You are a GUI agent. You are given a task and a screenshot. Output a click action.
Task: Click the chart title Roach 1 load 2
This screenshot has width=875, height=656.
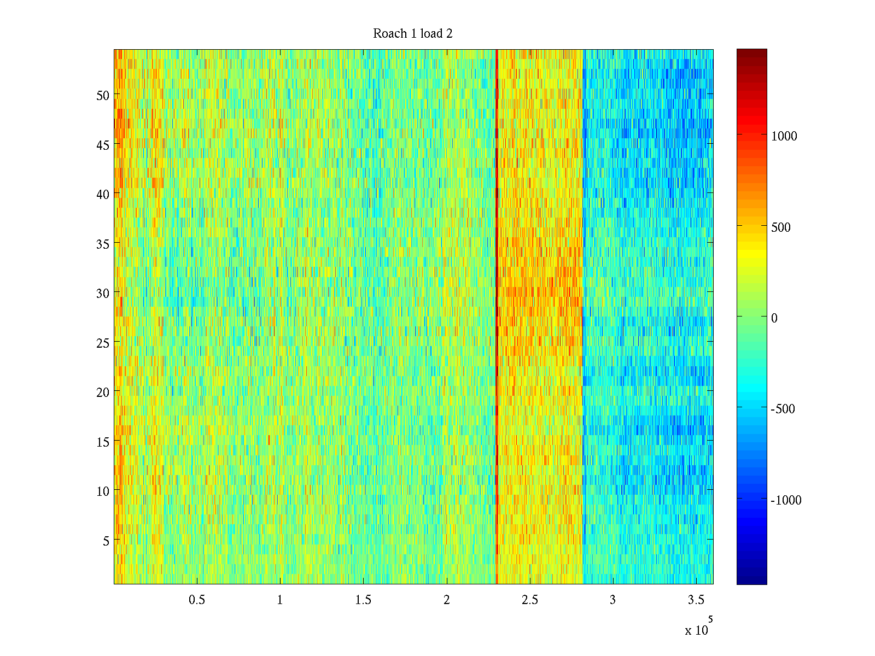(x=412, y=34)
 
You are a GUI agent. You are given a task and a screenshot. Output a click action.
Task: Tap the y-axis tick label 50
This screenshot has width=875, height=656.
(x=103, y=95)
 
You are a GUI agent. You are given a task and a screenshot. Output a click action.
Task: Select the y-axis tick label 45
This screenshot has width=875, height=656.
(x=103, y=145)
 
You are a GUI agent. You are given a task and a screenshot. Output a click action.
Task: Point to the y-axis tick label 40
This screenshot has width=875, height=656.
(x=103, y=194)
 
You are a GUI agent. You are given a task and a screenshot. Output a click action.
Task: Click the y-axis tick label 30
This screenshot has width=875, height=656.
(x=103, y=293)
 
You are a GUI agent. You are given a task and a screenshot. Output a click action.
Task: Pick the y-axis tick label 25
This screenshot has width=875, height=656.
(x=103, y=343)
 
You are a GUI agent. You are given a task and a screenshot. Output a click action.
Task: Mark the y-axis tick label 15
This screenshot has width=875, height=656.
(x=103, y=442)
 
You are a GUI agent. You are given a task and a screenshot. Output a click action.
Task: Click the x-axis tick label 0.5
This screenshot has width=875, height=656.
(x=197, y=600)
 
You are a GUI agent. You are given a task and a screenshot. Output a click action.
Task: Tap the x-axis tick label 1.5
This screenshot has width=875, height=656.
(x=363, y=600)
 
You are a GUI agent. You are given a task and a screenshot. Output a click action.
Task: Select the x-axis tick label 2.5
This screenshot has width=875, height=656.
(x=529, y=600)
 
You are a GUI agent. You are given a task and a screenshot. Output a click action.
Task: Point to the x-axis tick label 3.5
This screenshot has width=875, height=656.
(x=696, y=600)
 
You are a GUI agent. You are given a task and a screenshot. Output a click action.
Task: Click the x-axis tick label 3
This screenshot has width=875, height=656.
(x=612, y=600)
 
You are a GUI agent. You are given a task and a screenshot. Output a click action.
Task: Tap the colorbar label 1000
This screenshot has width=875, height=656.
(x=784, y=137)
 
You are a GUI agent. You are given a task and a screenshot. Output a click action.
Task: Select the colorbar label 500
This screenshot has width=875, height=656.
(x=780, y=227)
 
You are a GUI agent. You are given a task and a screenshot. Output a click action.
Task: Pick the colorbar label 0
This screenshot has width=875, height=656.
(x=774, y=318)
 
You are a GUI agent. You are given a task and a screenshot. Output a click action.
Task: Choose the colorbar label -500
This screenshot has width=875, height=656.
(x=783, y=409)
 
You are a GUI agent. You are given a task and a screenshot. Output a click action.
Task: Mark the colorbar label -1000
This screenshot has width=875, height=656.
(x=786, y=500)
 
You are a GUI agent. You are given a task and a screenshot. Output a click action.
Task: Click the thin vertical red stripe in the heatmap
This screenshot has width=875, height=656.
(x=497, y=317)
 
